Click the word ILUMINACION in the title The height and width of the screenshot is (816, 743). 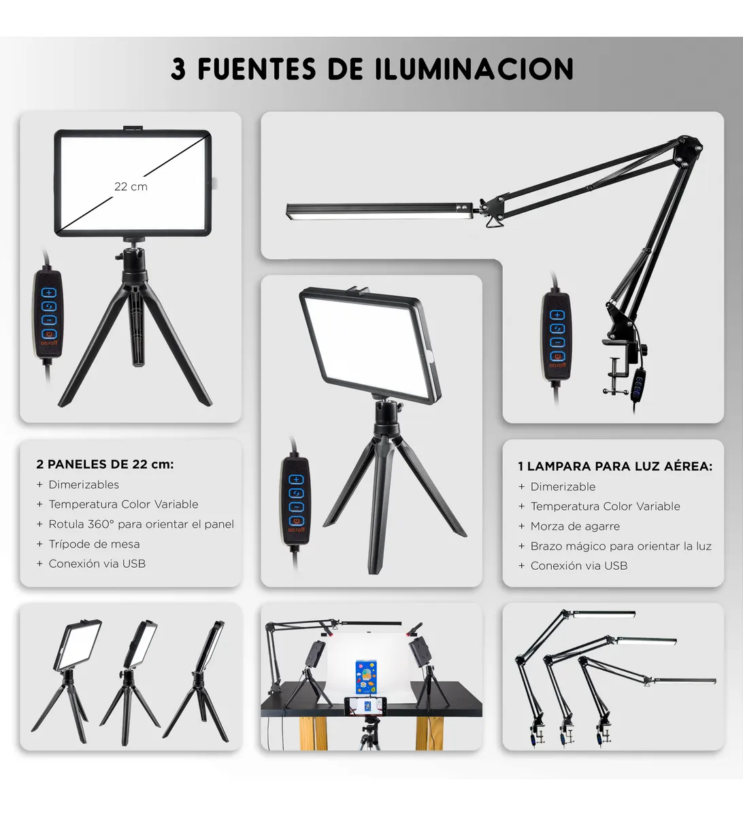coord(474,69)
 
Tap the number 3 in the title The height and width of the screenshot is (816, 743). coord(178,69)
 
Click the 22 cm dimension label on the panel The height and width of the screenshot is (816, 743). coord(131,187)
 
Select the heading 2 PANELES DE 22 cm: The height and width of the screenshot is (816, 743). coord(105,464)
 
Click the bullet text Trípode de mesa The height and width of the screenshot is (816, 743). coord(94,544)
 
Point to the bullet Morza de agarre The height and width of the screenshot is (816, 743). coord(575,526)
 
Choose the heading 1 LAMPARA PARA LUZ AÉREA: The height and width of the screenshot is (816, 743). coord(615,466)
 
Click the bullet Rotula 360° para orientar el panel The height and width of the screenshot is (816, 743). coord(142,524)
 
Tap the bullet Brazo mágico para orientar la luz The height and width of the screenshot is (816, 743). coord(621,546)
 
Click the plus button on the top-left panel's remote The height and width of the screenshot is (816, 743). coord(49,292)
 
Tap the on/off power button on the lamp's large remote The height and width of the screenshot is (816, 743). coord(557,357)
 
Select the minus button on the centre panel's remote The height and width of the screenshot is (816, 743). coord(297,507)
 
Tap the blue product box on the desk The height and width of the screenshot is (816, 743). coord(366,677)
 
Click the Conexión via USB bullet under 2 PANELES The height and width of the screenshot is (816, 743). coord(97,564)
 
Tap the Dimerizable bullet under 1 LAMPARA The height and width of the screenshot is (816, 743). coord(563,487)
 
